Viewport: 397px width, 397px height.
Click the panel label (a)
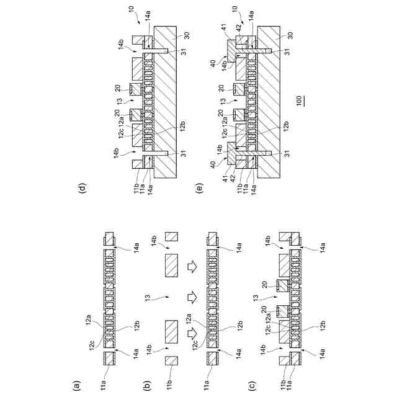pyautogui.click(x=77, y=385)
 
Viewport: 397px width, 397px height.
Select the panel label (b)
pyautogui.click(x=147, y=385)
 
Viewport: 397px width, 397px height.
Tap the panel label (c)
pyautogui.click(x=251, y=385)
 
